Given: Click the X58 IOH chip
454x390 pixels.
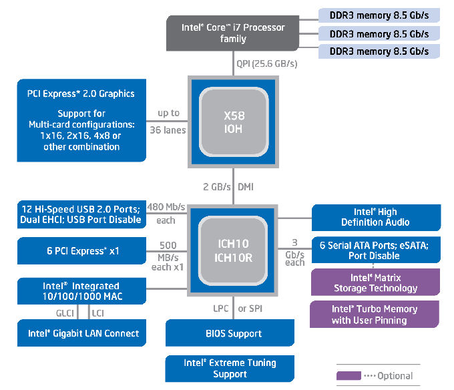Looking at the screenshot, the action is pyautogui.click(x=234, y=122).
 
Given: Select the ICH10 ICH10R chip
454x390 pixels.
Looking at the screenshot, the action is pyautogui.click(x=232, y=250).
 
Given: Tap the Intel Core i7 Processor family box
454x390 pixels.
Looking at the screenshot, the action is pyautogui.click(x=232, y=33).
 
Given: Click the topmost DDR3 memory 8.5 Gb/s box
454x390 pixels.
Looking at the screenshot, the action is pyautogui.click(x=379, y=15).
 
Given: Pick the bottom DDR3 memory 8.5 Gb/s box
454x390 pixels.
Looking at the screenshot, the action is pyautogui.click(x=379, y=51).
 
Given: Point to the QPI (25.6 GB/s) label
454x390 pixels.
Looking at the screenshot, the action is pyautogui.click(x=266, y=63).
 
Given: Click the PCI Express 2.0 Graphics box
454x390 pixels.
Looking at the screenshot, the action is pyautogui.click(x=81, y=120).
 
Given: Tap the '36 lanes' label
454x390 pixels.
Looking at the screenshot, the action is pyautogui.click(x=168, y=130).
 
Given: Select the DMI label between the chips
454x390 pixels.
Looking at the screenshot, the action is pyautogui.click(x=246, y=187).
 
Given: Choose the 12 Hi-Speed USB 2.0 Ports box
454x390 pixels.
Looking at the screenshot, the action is pyautogui.click(x=81, y=214).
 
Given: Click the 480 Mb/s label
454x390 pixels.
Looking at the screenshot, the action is pyautogui.click(x=166, y=207).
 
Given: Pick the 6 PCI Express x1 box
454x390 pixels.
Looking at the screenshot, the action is pyautogui.click(x=81, y=250).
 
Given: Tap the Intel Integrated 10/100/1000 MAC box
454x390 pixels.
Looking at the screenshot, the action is pyautogui.click(x=81, y=291).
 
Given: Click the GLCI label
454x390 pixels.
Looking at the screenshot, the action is pyautogui.click(x=65, y=313).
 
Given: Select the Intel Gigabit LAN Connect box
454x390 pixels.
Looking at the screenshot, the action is pyautogui.click(x=81, y=333).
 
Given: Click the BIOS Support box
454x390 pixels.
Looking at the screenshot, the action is pyautogui.click(x=230, y=333).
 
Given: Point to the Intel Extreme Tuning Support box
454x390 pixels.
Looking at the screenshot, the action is pyautogui.click(x=230, y=369).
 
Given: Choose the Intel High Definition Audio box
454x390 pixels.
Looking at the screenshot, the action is pyautogui.click(x=376, y=218).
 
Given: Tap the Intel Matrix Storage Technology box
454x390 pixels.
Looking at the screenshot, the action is pyautogui.click(x=375, y=282).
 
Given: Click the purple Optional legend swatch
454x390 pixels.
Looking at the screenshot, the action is pyautogui.click(x=349, y=376).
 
